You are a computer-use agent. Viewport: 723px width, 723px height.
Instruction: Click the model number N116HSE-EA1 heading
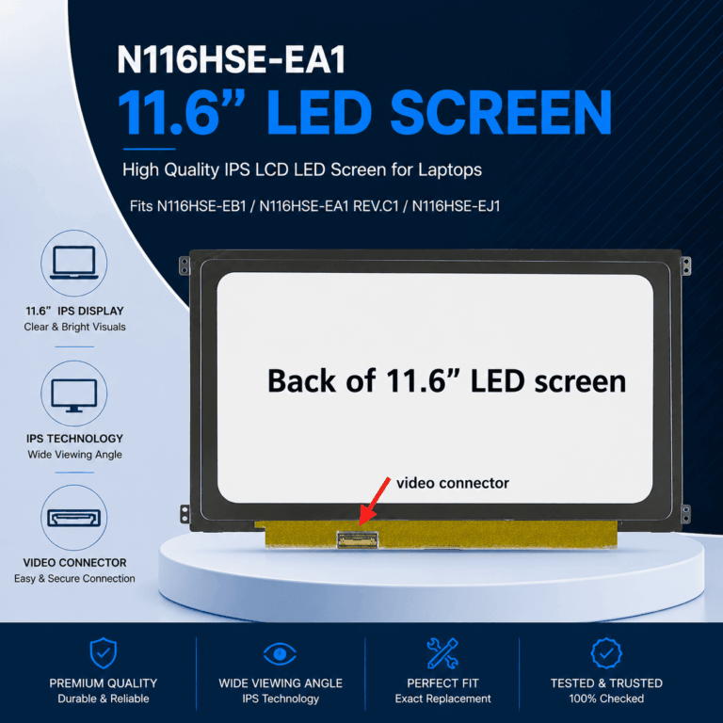tap(231, 59)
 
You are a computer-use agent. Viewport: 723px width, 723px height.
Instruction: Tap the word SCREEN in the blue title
tap(501, 113)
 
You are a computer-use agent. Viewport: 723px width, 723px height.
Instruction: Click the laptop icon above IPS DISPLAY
tap(74, 263)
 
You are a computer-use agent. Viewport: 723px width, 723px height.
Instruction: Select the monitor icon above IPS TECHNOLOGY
tap(74, 395)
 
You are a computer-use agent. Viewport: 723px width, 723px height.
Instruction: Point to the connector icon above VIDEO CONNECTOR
tap(74, 518)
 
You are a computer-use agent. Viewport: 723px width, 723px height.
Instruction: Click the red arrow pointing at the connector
tap(375, 502)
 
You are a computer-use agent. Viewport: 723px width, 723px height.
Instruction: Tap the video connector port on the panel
tap(358, 540)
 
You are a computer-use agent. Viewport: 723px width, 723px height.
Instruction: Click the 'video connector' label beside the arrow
tap(453, 483)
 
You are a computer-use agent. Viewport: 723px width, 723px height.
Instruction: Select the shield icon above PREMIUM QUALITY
tap(104, 653)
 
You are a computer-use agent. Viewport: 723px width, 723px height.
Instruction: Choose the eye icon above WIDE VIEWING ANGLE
tap(280, 654)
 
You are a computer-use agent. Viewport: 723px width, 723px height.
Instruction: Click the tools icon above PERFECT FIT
tap(442, 653)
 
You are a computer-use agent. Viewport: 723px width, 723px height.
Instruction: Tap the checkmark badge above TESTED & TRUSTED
tap(606, 653)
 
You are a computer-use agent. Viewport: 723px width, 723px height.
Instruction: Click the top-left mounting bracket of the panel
tap(185, 266)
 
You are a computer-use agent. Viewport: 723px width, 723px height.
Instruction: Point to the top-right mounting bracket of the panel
tap(685, 266)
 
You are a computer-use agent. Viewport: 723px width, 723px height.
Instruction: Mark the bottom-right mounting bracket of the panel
tap(685, 514)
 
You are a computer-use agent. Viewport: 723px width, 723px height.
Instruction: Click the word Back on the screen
tap(301, 381)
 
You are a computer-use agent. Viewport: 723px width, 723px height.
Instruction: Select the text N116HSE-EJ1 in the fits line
tap(456, 206)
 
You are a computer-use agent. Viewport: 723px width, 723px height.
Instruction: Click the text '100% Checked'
tap(606, 699)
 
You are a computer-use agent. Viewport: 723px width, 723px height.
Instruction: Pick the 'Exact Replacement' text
tap(442, 699)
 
